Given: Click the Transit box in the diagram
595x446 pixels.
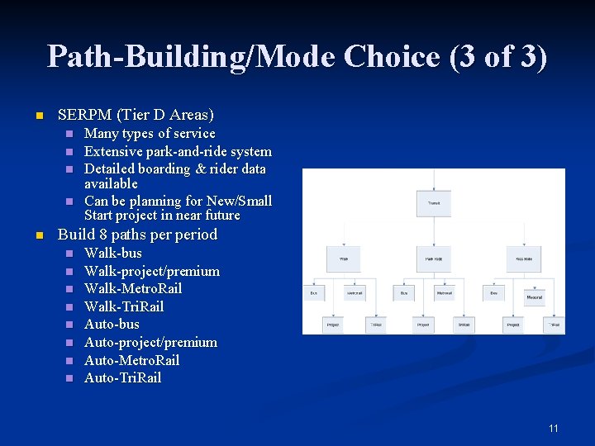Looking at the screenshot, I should pyautogui.click(x=433, y=202).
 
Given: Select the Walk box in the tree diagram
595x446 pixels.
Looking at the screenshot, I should pyautogui.click(x=343, y=259).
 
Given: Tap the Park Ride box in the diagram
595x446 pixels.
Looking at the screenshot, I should pyautogui.click(x=433, y=259).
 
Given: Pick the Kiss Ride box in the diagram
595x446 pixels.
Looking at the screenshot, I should pyautogui.click(x=524, y=259).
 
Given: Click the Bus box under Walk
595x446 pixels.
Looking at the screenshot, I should pyautogui.click(x=314, y=293).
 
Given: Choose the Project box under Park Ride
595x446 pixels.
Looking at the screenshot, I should pyautogui.click(x=423, y=325).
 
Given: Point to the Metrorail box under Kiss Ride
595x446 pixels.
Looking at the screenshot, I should pyautogui.click(x=535, y=297).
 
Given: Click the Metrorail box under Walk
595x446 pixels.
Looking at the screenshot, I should pyautogui.click(x=355, y=293).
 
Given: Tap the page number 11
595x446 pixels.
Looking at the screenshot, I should pyautogui.click(x=553, y=428).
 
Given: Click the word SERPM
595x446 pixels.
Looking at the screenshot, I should pyautogui.click(x=83, y=115).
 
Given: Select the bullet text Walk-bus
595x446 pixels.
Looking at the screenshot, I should pyautogui.click(x=113, y=253).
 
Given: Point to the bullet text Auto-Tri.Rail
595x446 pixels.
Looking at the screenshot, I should pyautogui.click(x=122, y=377).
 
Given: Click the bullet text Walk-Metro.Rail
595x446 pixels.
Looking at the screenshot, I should pyautogui.click(x=133, y=288).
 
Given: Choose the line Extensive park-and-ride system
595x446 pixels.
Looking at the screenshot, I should pyautogui.click(x=178, y=151).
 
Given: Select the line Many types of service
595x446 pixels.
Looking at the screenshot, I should pyautogui.click(x=150, y=133).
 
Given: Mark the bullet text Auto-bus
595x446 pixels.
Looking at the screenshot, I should pyautogui.click(x=112, y=324).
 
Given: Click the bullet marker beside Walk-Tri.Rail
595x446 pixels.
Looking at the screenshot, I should pyautogui.click(x=69, y=307).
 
